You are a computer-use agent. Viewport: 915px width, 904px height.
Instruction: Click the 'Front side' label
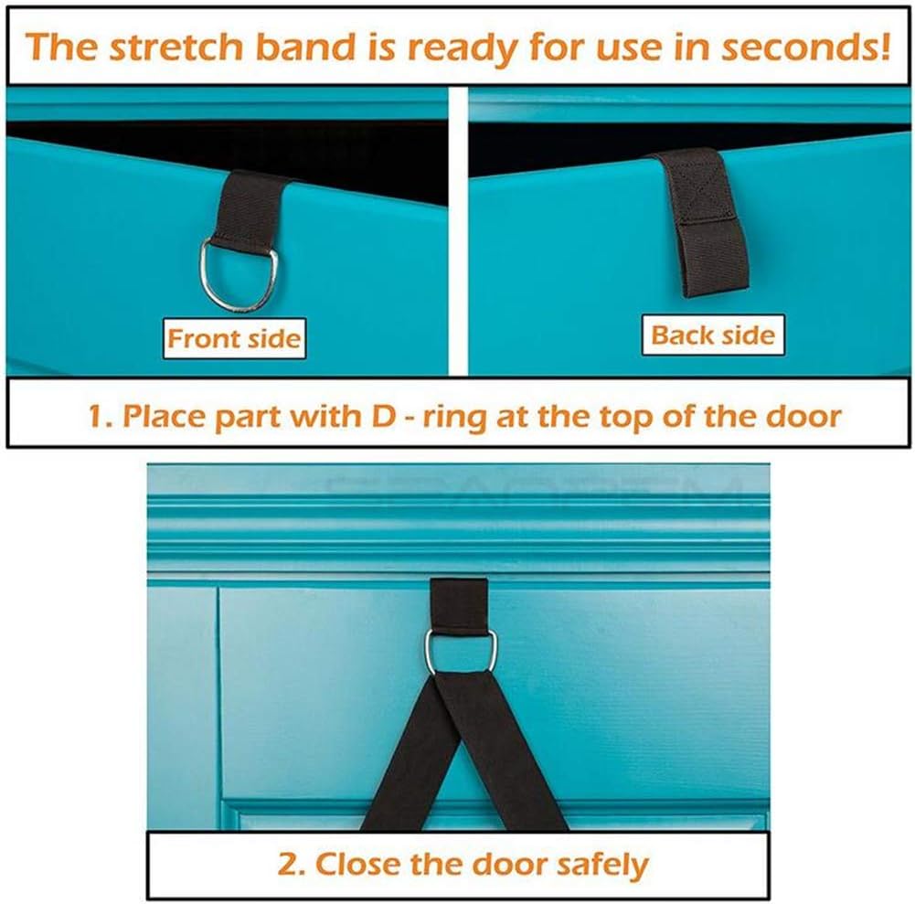click(234, 338)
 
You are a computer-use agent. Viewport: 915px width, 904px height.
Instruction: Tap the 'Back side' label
click(713, 335)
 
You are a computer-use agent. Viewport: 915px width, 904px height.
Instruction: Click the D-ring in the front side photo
click(203, 274)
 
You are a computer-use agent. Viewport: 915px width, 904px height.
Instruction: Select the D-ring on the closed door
click(428, 652)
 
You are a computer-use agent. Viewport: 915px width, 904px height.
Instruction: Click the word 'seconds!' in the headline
click(806, 47)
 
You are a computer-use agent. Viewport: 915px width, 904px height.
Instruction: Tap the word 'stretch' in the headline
click(176, 47)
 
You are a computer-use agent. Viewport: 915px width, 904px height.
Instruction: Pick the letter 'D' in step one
click(383, 417)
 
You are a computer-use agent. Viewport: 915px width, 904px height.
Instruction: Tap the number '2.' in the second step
click(292, 865)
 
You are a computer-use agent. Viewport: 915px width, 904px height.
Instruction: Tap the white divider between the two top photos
click(459, 231)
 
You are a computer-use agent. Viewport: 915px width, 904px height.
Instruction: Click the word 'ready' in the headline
click(463, 48)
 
